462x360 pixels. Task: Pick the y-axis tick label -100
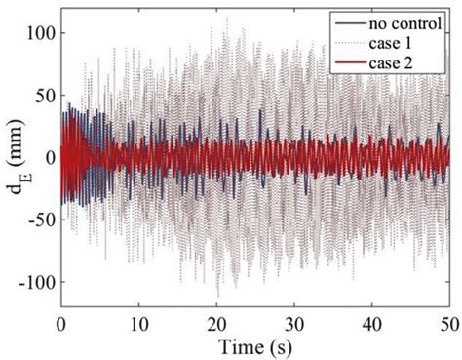click(32, 281)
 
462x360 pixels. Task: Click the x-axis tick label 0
click(61, 320)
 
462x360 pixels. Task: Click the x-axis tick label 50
click(446, 320)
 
